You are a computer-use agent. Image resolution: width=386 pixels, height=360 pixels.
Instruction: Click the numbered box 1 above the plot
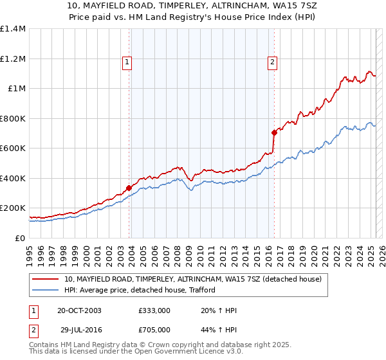[x=127, y=62]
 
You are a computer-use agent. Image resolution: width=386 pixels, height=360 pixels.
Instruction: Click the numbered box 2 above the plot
[x=273, y=62]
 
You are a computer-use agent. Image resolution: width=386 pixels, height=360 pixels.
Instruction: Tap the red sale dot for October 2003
[x=129, y=188]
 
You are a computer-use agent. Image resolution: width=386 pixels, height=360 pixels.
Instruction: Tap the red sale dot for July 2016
[x=274, y=132]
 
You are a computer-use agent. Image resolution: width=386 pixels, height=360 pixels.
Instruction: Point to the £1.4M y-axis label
[x=13, y=29]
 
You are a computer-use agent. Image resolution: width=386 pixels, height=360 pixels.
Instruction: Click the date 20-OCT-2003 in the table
[x=78, y=310]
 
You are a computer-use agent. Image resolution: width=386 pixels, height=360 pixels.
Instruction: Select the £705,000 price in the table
[x=154, y=330]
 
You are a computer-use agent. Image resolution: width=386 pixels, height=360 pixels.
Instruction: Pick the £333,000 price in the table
[x=154, y=310]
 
